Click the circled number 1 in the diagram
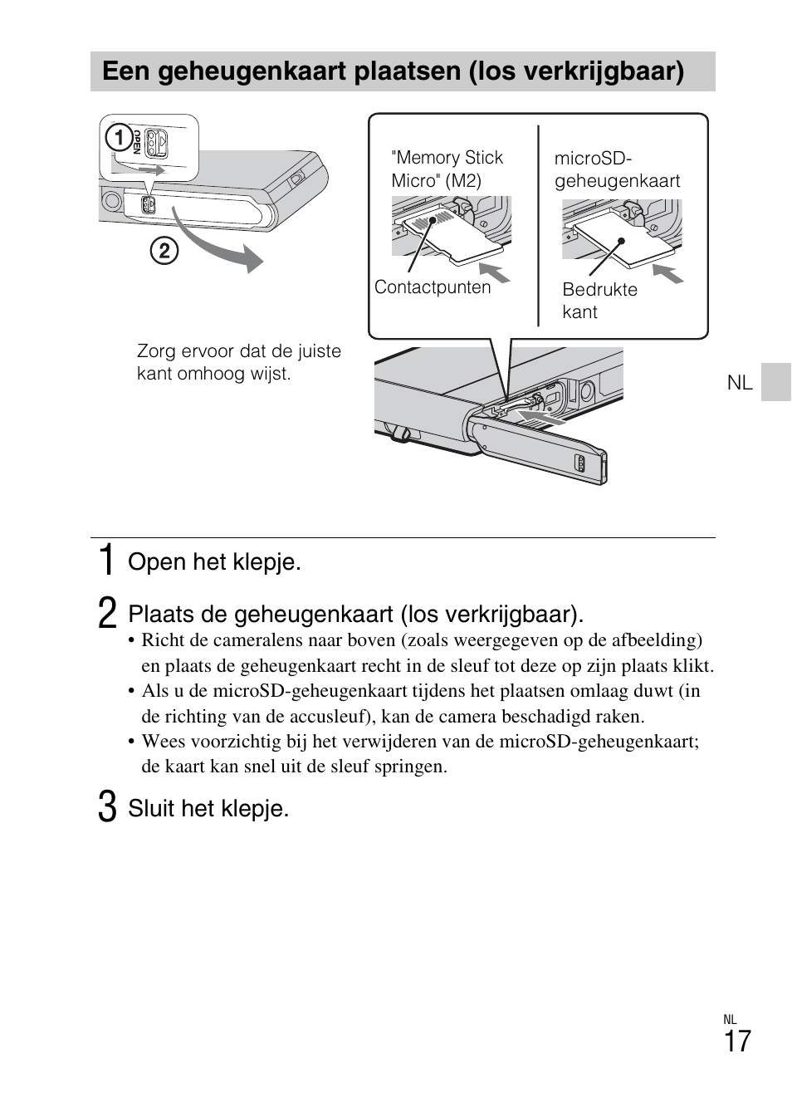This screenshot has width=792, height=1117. (120, 137)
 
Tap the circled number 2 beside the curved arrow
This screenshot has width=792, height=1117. (164, 250)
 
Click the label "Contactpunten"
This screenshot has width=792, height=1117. (433, 287)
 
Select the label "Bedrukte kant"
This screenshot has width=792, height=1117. (599, 301)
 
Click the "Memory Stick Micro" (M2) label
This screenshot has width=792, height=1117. (447, 169)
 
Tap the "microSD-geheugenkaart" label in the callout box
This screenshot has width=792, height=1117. (617, 169)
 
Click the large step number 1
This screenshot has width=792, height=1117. (106, 561)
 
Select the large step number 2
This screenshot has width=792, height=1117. (106, 614)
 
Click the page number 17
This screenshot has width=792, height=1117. (736, 1041)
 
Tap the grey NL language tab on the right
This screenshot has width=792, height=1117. (775, 382)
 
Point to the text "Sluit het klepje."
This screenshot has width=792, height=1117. (208, 809)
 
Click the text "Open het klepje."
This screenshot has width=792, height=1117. (214, 562)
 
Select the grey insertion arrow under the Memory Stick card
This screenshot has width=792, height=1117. (496, 273)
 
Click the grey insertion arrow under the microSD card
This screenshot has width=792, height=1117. (667, 273)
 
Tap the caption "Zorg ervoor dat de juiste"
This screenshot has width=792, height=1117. (239, 351)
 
